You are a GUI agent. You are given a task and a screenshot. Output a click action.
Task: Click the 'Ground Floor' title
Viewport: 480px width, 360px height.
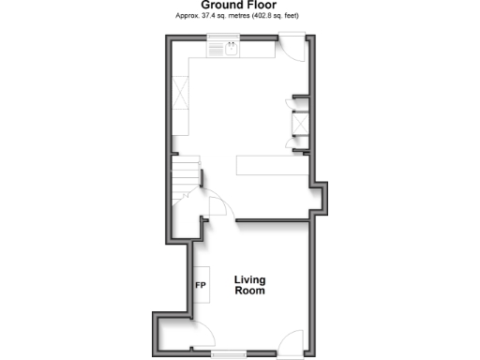click(x=239, y=6)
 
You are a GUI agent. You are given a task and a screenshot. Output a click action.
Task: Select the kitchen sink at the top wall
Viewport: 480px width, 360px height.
click(x=230, y=48)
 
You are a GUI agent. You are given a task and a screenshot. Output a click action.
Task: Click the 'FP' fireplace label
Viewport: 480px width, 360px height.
click(x=201, y=284)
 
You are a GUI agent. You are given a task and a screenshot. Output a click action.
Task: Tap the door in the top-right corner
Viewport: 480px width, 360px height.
click(x=291, y=48)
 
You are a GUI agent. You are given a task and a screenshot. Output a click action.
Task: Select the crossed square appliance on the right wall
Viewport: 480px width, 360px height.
click(x=300, y=125)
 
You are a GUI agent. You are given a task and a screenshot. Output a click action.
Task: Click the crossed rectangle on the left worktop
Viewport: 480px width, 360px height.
click(x=182, y=94)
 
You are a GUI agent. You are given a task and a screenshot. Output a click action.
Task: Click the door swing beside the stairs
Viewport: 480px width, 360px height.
click(x=215, y=202)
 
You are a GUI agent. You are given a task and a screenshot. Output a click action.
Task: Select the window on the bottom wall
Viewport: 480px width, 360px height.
click(x=230, y=353)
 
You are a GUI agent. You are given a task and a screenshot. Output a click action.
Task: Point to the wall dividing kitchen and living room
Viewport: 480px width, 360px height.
click(x=272, y=220)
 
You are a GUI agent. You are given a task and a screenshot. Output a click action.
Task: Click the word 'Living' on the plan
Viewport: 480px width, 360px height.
click(x=250, y=279)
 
